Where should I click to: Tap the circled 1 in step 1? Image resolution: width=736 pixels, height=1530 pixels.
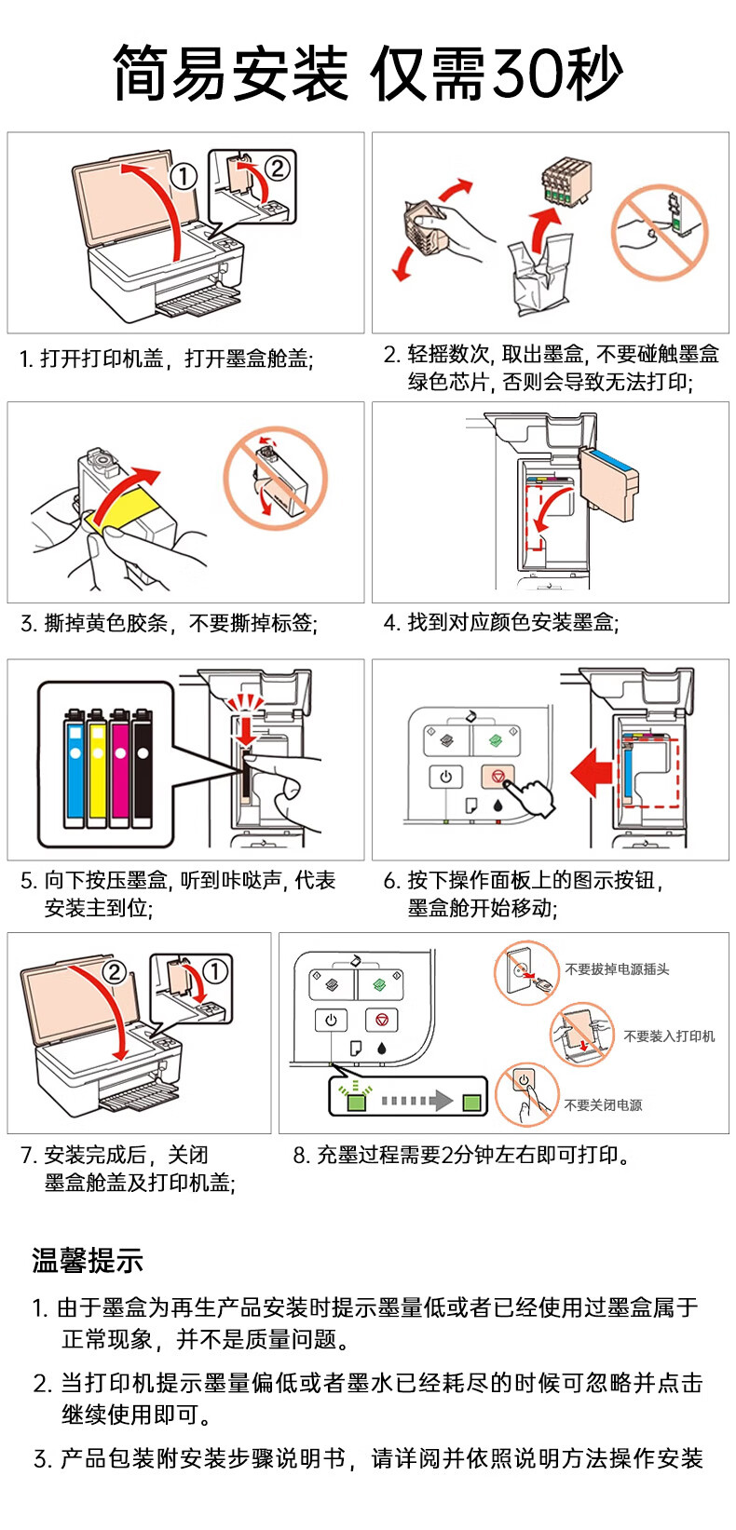pyautogui.click(x=184, y=176)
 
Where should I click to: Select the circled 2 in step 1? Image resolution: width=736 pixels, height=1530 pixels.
pyautogui.click(x=278, y=169)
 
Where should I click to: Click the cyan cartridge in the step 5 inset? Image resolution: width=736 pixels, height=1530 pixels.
pyautogui.click(x=75, y=767)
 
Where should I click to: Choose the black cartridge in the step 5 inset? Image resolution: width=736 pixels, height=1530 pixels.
pyautogui.click(x=143, y=767)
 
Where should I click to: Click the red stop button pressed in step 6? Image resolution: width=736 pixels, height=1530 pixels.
pyautogui.click(x=497, y=776)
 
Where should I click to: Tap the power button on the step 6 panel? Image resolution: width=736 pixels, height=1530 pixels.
pyautogui.click(x=445, y=776)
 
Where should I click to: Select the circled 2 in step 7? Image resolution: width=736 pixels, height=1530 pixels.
pyautogui.click(x=114, y=972)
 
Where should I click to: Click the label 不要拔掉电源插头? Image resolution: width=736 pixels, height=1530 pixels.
pyautogui.click(x=617, y=969)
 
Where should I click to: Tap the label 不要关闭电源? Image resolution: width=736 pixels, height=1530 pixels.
pyautogui.click(x=603, y=1105)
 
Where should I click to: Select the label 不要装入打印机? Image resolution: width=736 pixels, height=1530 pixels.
pyautogui.click(x=669, y=1036)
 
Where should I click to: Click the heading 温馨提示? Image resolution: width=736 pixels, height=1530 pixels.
pyautogui.click(x=88, y=1261)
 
